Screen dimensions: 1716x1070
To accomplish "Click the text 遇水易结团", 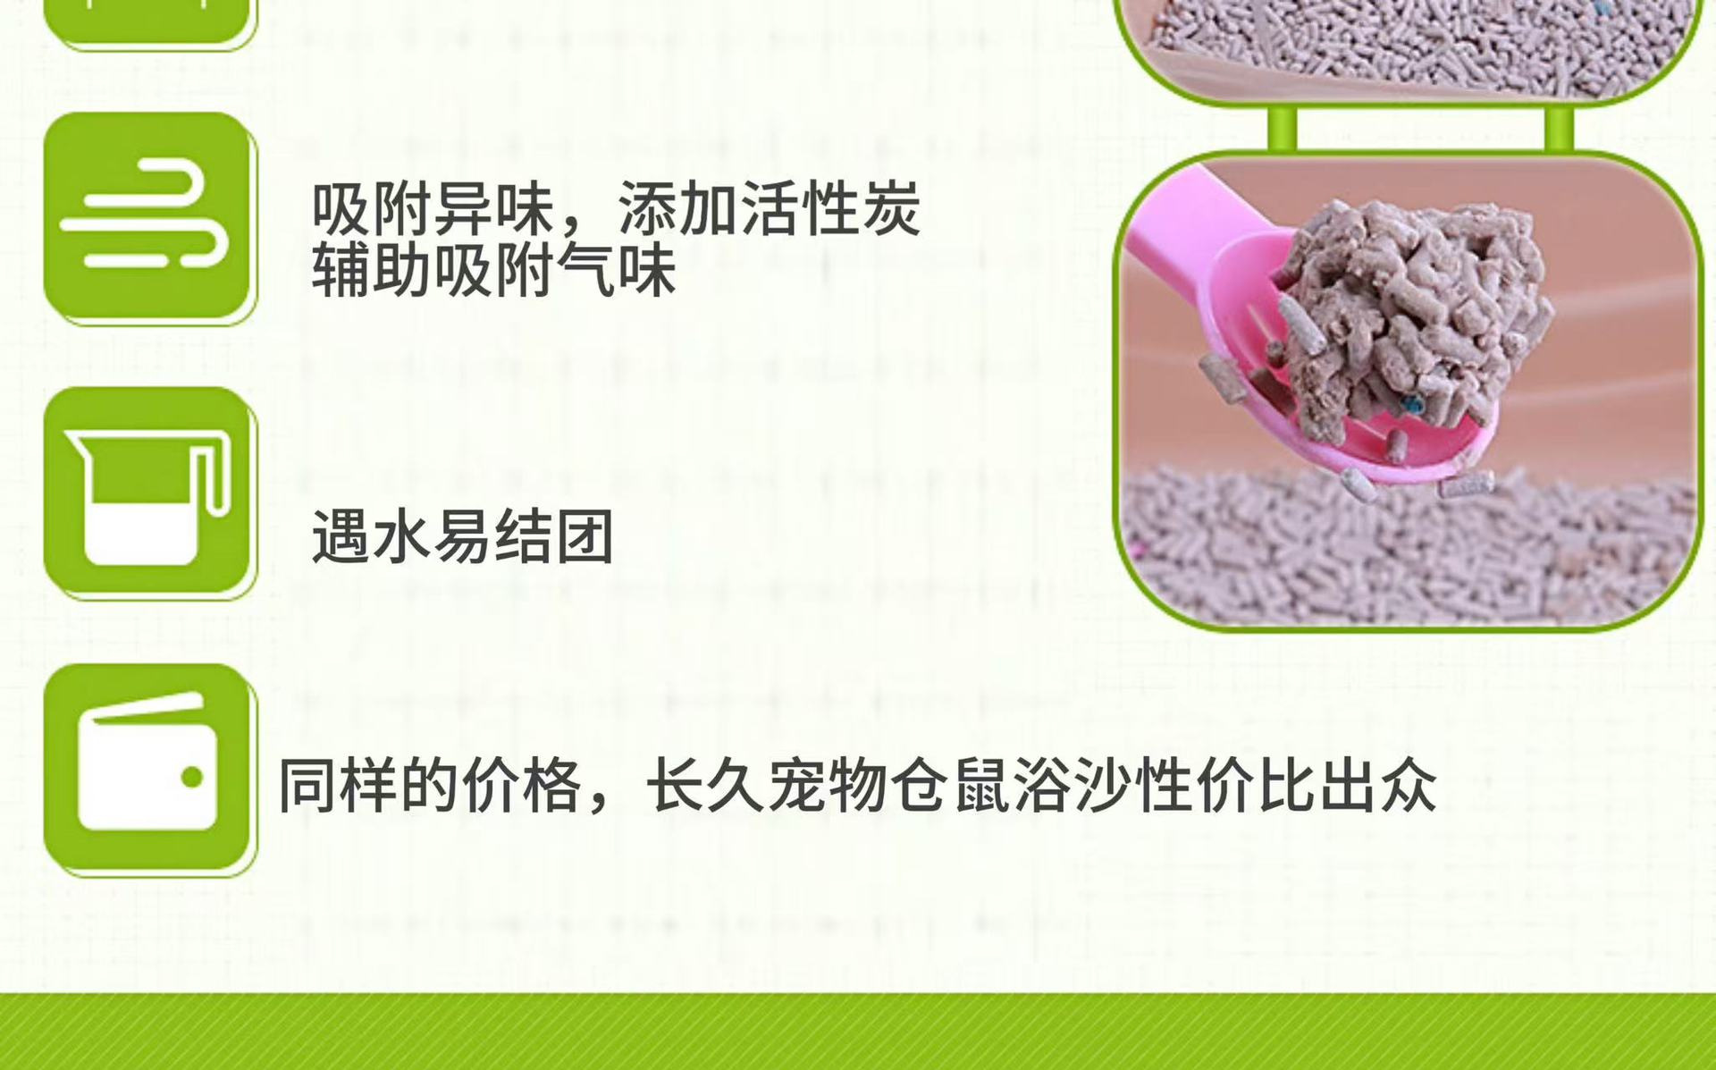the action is point(462,536).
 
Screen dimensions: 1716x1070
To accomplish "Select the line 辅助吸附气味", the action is point(493,269).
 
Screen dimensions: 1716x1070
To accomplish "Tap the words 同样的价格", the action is point(431,786).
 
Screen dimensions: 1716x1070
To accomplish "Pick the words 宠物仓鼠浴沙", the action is point(949,786).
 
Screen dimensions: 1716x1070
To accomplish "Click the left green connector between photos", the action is point(1282,128).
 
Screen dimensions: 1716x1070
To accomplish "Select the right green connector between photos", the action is point(1559,128).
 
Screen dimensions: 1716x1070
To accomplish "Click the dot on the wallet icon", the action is point(191,777).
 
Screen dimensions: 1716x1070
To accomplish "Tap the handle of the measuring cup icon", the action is point(214,475).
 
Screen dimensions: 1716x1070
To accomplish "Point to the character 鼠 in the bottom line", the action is point(981,786).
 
